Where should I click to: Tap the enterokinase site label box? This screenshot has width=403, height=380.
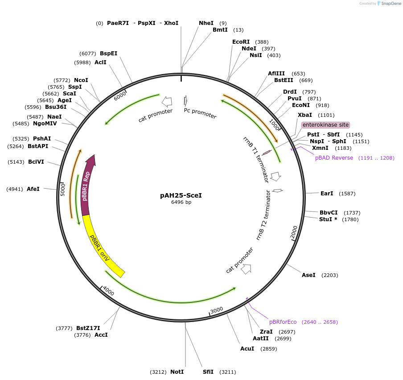point(325,125)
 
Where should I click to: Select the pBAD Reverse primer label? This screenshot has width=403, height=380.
point(334,158)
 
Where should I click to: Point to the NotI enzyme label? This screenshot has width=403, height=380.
point(177,372)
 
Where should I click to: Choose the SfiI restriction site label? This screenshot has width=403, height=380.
point(208,372)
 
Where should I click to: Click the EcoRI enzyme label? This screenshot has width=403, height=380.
point(241,42)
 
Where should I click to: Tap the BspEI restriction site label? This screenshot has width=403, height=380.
point(108,53)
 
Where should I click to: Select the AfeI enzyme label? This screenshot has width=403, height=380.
point(33,189)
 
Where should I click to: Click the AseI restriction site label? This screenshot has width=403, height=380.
point(308,275)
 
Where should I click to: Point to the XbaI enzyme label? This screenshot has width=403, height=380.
point(305,115)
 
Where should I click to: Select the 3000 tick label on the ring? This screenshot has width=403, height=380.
point(217,310)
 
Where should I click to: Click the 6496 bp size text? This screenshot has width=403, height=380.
point(181,202)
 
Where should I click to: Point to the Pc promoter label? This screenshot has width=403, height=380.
point(200,113)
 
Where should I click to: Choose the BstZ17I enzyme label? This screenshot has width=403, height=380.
point(88,328)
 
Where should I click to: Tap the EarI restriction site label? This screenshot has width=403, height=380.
point(327,194)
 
